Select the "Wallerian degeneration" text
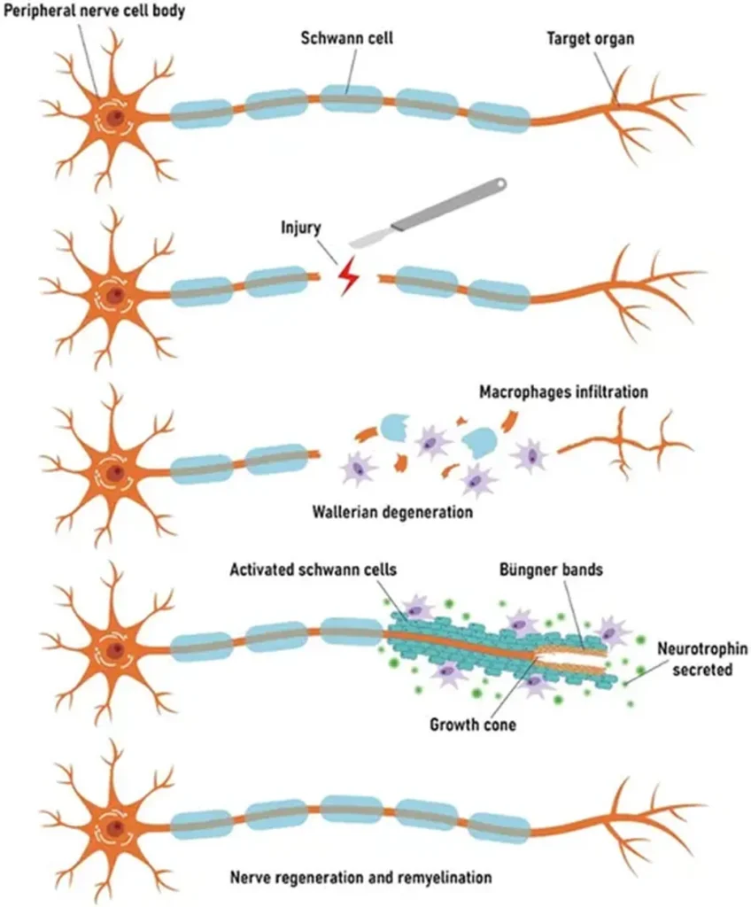pos(392,511)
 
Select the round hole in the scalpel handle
pos(500,185)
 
